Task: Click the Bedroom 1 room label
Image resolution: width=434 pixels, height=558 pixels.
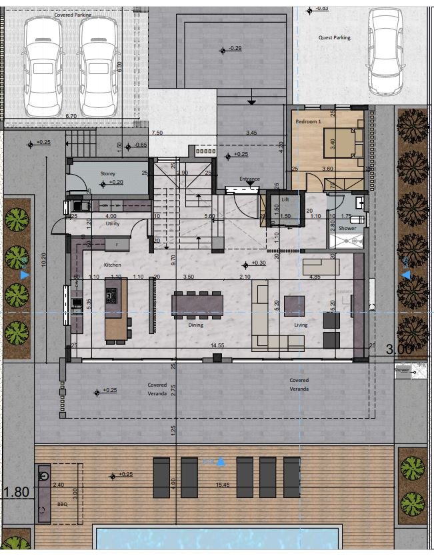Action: click(x=309, y=122)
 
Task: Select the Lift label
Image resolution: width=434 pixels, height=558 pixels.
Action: click(x=285, y=199)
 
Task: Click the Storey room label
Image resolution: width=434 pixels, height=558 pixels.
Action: click(x=107, y=173)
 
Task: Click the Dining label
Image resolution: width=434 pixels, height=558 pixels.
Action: click(x=195, y=325)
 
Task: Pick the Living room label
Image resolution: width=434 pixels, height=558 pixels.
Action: click(x=301, y=325)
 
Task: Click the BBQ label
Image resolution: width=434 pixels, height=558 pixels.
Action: click(x=62, y=505)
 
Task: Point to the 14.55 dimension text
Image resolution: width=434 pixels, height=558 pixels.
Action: click(x=217, y=346)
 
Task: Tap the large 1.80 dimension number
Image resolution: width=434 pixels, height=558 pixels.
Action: click(x=16, y=493)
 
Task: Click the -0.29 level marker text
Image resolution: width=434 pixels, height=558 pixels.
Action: click(x=235, y=49)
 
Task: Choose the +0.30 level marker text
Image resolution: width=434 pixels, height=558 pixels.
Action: click(x=259, y=263)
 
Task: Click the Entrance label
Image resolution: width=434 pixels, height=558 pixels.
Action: click(x=249, y=179)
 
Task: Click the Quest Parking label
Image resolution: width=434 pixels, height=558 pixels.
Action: click(x=334, y=38)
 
